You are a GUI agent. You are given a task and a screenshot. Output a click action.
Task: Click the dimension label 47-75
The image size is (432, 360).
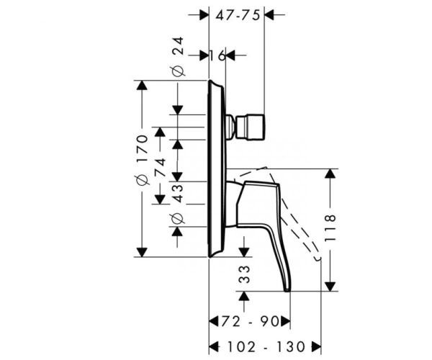pyautogui.click(x=238, y=15)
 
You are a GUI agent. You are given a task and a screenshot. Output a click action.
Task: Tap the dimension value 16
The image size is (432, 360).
pyautogui.click(x=217, y=56)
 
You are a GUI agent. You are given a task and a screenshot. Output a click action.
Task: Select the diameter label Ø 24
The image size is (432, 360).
pyautogui.click(x=178, y=56)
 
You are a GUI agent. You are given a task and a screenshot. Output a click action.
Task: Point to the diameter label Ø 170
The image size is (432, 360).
pyautogui.click(x=143, y=160)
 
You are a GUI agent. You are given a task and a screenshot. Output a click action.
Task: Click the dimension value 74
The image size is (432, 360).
pyautogui.click(x=160, y=167)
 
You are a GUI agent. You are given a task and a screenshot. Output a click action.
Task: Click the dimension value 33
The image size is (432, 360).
pyautogui.click(x=244, y=274)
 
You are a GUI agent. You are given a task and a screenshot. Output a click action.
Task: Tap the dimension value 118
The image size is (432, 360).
pyautogui.click(x=330, y=228)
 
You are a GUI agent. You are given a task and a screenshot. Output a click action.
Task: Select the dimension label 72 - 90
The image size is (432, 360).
pyautogui.click(x=250, y=321)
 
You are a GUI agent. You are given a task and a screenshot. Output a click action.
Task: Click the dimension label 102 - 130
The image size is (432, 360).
pyautogui.click(x=266, y=347)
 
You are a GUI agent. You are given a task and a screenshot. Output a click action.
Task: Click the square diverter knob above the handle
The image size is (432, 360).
pyautogui.click(x=251, y=127)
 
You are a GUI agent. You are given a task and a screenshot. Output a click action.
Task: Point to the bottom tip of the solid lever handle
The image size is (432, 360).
pyautogui.click(x=287, y=291)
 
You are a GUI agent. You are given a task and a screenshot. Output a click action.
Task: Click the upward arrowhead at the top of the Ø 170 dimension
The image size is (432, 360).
pyautogui.click(x=142, y=85)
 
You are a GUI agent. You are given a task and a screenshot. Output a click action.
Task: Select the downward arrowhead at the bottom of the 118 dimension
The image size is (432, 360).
pyautogui.click(x=330, y=286)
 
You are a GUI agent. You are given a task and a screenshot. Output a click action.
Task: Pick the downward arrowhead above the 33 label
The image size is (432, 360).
pyautogui.click(x=244, y=252)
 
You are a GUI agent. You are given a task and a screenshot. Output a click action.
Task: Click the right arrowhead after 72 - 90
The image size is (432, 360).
pyautogui.click(x=285, y=321)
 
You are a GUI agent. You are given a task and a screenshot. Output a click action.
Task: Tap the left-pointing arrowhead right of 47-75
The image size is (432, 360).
pyautogui.click(x=269, y=14)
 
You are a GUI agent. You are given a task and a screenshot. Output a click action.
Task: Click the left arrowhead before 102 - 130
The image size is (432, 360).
pyautogui.click(x=214, y=347)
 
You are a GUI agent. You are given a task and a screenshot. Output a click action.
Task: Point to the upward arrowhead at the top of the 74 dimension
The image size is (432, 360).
pyautogui.click(x=160, y=132)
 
